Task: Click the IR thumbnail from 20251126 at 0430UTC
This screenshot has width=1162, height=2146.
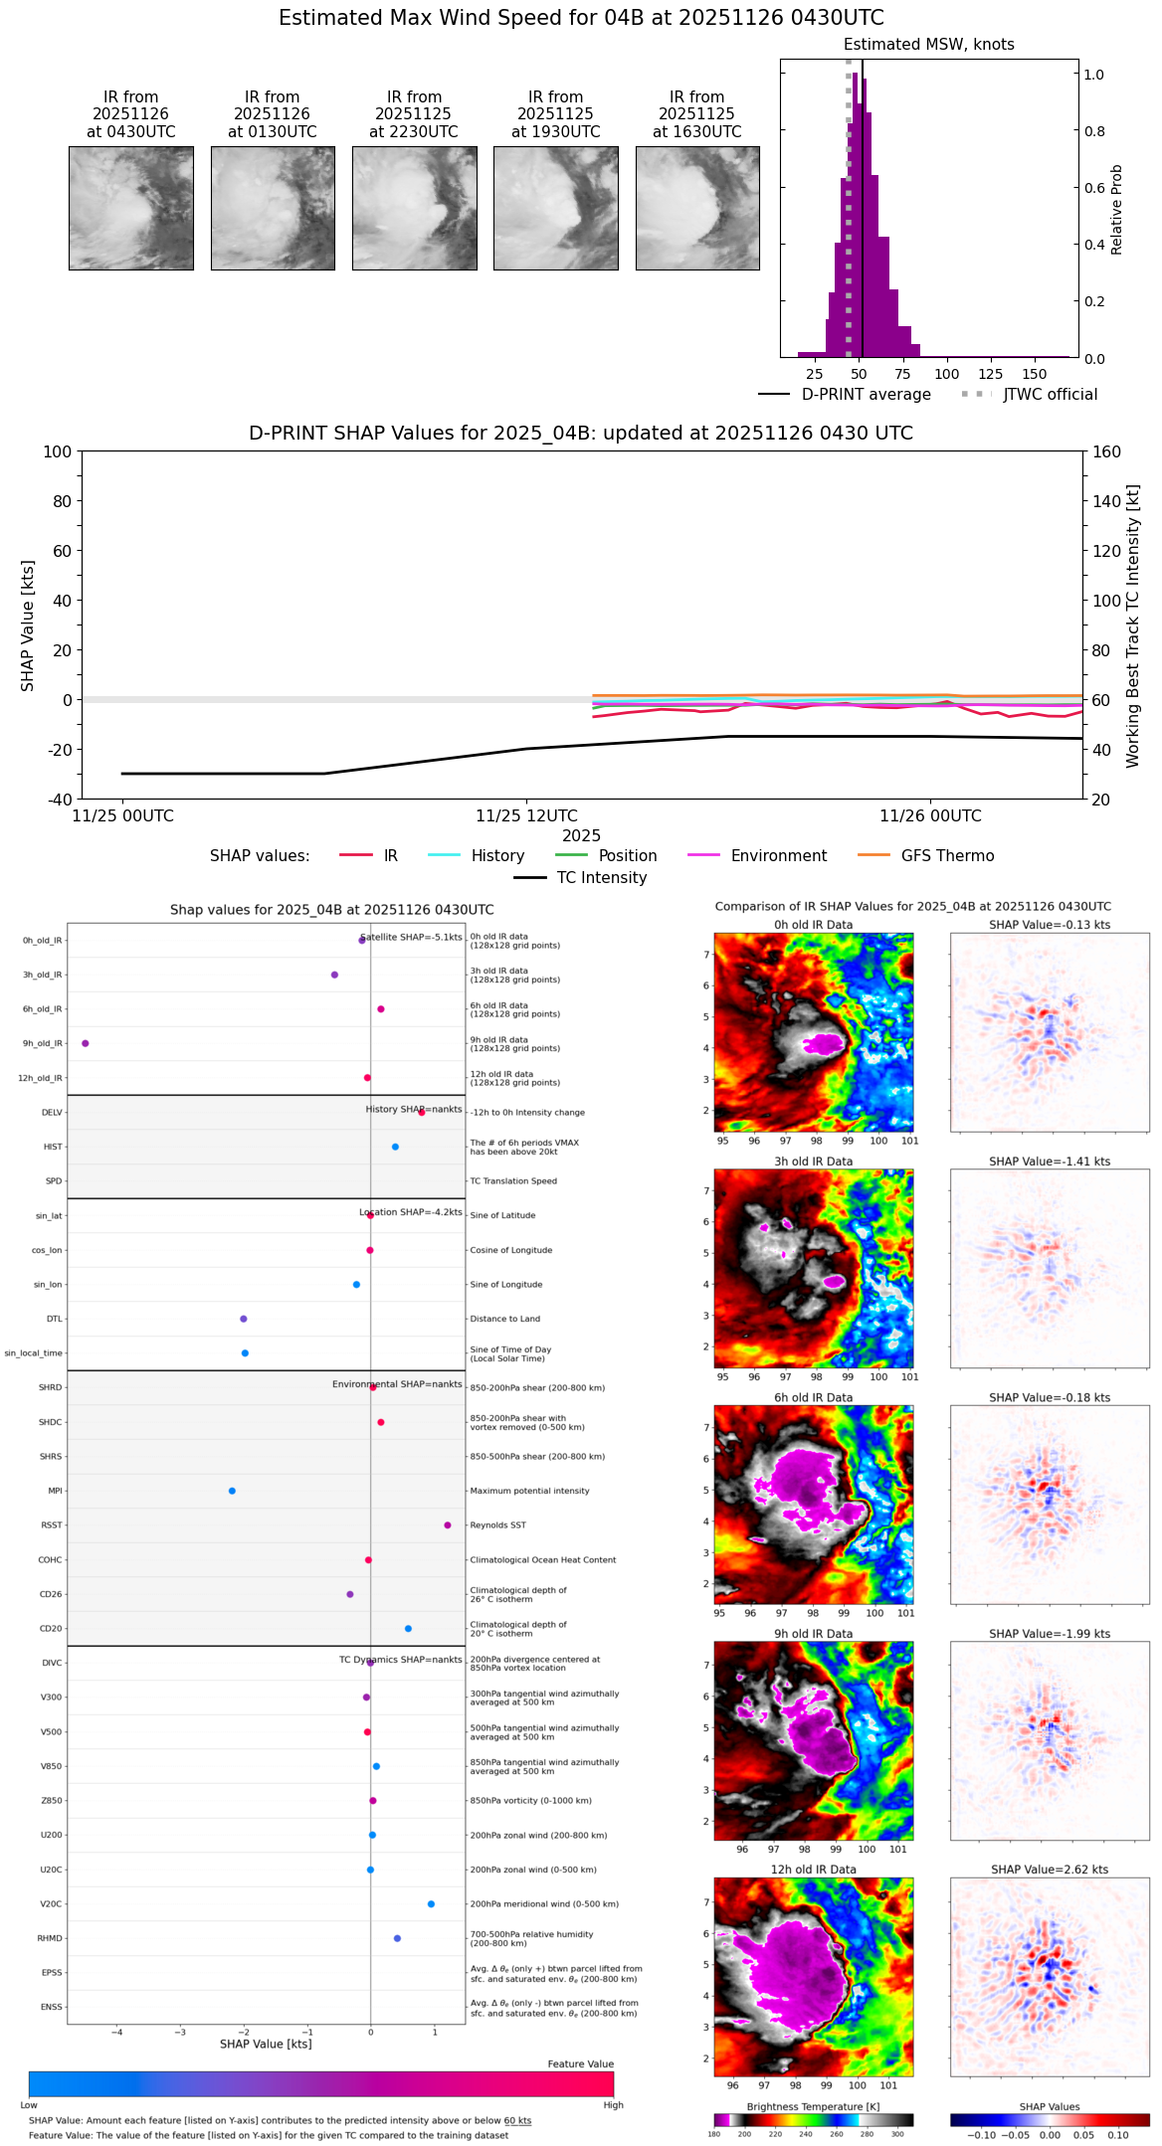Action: pos(130,208)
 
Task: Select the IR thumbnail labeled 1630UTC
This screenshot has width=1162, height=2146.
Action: pos(697,208)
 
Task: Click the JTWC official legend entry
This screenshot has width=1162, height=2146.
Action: pos(1050,395)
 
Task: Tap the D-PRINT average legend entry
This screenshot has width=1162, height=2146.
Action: pos(866,395)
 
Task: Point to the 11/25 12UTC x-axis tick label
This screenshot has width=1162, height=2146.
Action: pos(526,816)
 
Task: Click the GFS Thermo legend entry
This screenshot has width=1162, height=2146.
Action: pos(947,856)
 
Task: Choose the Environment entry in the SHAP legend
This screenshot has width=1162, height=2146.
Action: pos(778,856)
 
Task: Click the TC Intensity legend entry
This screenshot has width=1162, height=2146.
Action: pos(601,878)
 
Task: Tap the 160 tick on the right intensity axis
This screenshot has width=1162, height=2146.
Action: pos(1106,452)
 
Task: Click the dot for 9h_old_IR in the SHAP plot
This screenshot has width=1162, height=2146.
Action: pos(86,1043)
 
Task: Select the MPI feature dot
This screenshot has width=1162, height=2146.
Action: pos(232,1491)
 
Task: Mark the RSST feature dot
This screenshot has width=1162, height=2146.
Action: pos(448,1525)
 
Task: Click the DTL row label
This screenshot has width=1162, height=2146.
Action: pos(54,1320)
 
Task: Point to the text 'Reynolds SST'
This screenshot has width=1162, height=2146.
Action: pos(497,1525)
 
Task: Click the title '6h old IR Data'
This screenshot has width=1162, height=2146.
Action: pos(813,1398)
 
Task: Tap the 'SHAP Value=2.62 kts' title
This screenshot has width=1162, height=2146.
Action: pos(1050,1871)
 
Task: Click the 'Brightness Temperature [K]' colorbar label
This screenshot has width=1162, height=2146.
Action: pos(813,2107)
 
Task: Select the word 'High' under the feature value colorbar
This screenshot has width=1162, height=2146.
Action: pos(613,2105)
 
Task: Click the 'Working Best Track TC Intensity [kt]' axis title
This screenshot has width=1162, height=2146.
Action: pos(1133,626)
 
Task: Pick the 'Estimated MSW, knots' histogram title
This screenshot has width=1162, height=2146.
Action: pos(928,45)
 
